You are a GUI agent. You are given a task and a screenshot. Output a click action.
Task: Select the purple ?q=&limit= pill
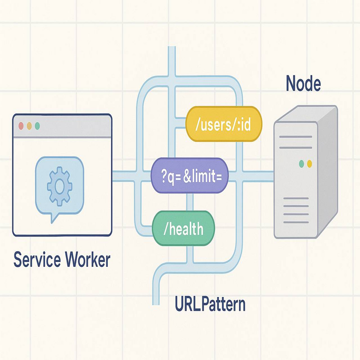pos(189,176)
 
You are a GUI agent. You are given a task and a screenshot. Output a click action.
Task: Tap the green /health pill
pos(184,229)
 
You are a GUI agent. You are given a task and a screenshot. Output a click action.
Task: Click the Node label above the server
pos(303,84)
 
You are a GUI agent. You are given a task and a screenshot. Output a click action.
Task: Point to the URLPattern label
pos(210,304)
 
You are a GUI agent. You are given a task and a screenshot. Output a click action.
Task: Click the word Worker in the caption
pos(88,259)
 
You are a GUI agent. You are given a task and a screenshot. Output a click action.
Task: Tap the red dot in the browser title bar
pos(21,126)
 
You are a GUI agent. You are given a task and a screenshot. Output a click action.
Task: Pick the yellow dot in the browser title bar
pos(29,126)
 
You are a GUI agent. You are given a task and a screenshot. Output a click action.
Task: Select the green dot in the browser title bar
pos(37,126)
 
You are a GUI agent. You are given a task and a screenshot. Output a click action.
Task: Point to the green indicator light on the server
pos(301,164)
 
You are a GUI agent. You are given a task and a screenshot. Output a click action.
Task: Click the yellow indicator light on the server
pos(309,164)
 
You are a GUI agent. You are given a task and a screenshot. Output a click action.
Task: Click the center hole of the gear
pos(59,186)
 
